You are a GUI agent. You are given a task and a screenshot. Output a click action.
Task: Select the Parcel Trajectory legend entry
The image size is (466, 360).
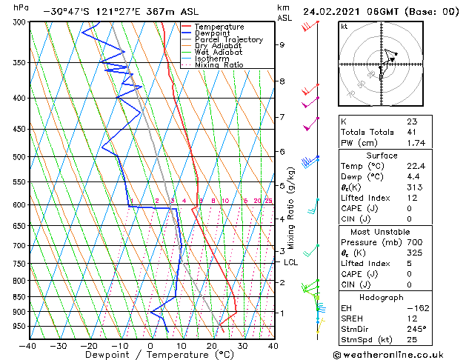228,40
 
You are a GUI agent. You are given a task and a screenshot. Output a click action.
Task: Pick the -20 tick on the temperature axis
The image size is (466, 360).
88,345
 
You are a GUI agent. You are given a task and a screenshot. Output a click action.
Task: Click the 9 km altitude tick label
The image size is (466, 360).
282,44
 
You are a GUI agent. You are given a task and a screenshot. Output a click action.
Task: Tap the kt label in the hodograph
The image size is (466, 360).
344,27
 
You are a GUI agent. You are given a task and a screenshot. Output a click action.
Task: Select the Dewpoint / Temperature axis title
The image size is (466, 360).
150,355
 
